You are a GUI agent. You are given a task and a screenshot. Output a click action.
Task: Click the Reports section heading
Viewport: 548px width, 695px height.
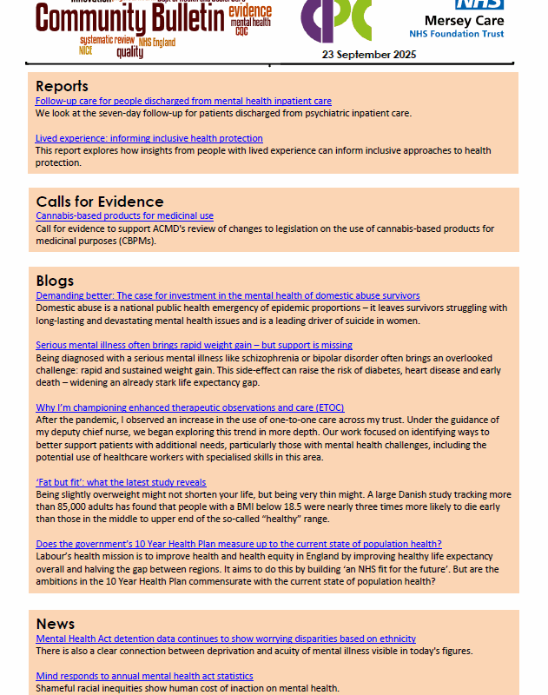coord(62,86)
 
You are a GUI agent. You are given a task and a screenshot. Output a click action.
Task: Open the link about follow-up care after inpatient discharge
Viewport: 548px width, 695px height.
coord(183,102)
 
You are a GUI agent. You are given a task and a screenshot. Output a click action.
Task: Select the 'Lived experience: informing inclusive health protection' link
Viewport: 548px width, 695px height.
coord(149,138)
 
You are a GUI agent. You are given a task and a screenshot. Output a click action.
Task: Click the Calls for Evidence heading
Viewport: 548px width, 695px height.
coord(99,202)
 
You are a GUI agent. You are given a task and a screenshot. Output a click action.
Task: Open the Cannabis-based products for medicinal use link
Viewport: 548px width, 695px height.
coord(124,215)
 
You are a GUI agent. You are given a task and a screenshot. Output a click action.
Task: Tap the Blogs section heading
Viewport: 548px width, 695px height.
coord(55,281)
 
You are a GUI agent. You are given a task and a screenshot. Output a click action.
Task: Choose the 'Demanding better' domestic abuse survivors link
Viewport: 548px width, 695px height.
coord(228,295)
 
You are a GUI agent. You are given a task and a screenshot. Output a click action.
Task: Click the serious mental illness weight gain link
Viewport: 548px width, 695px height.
coord(194,345)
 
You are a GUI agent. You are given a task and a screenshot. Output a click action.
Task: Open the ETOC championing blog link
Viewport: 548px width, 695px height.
coord(175,407)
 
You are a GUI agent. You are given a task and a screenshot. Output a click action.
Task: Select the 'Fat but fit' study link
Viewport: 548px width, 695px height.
coord(121,482)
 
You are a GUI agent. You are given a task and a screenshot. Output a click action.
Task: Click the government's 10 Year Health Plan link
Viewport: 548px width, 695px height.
coord(239,544)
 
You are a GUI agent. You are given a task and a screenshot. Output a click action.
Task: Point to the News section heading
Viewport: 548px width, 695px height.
coord(56,624)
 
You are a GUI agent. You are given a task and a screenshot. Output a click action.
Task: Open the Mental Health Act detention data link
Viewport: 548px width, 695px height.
coord(226,639)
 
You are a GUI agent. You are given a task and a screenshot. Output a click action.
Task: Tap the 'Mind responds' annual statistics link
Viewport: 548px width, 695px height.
coord(144,676)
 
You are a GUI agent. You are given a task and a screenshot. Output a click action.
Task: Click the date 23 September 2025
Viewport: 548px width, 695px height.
coord(369,54)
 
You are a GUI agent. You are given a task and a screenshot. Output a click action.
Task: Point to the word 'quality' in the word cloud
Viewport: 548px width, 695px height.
coord(129,52)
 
